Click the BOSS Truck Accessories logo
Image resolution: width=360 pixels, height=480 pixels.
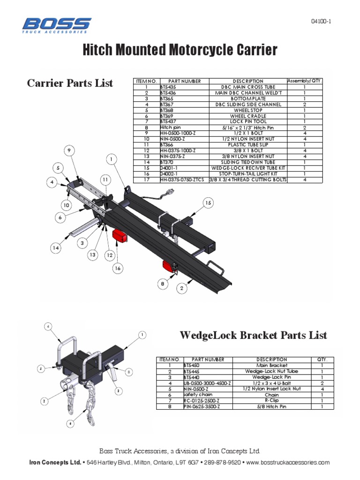coord(57,25)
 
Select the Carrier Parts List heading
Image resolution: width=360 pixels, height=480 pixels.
coord(70,83)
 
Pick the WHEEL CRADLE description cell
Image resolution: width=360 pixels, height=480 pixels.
coord(247,116)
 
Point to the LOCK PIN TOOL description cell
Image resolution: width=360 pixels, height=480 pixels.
coord(247,121)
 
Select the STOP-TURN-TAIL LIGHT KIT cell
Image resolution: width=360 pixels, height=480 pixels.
coord(247,173)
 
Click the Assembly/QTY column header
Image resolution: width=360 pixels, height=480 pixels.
coord(305,81)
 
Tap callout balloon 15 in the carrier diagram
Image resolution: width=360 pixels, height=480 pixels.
coord(208,202)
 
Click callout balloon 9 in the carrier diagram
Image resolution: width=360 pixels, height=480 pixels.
coord(69,150)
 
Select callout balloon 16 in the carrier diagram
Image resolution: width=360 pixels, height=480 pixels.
coord(117,268)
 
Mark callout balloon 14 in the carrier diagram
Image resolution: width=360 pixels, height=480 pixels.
coord(57,248)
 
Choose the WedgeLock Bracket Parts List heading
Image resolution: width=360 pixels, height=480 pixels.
coord(254,336)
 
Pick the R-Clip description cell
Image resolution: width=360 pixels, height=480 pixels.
coord(271,401)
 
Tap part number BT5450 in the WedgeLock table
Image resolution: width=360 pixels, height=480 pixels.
coord(193,365)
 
